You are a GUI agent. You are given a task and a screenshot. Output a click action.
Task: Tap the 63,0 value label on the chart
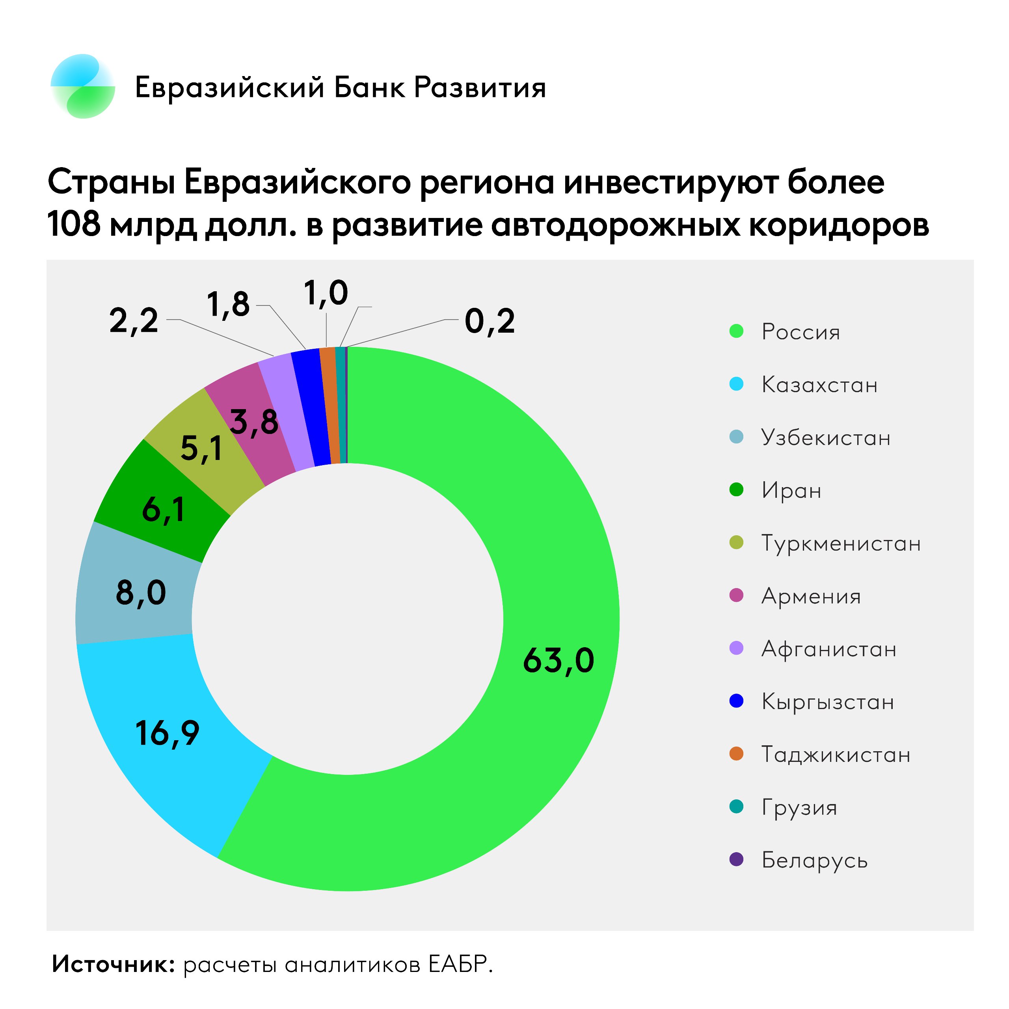[558, 661]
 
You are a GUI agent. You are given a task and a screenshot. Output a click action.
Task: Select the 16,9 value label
[167, 733]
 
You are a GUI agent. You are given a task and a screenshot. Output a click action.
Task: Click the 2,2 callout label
[134, 321]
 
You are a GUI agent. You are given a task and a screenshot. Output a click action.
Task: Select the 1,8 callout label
[228, 305]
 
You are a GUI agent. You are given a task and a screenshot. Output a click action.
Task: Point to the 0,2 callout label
[490, 321]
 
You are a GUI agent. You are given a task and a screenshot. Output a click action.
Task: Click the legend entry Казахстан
[819, 385]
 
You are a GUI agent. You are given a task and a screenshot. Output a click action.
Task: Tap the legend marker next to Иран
[736, 490]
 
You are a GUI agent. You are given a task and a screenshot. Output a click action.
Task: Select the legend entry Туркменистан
[841, 543]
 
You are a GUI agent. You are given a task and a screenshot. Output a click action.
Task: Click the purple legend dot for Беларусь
[736, 860]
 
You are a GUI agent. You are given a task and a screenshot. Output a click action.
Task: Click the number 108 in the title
[74, 225]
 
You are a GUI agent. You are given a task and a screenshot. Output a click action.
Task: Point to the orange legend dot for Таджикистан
[736, 754]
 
